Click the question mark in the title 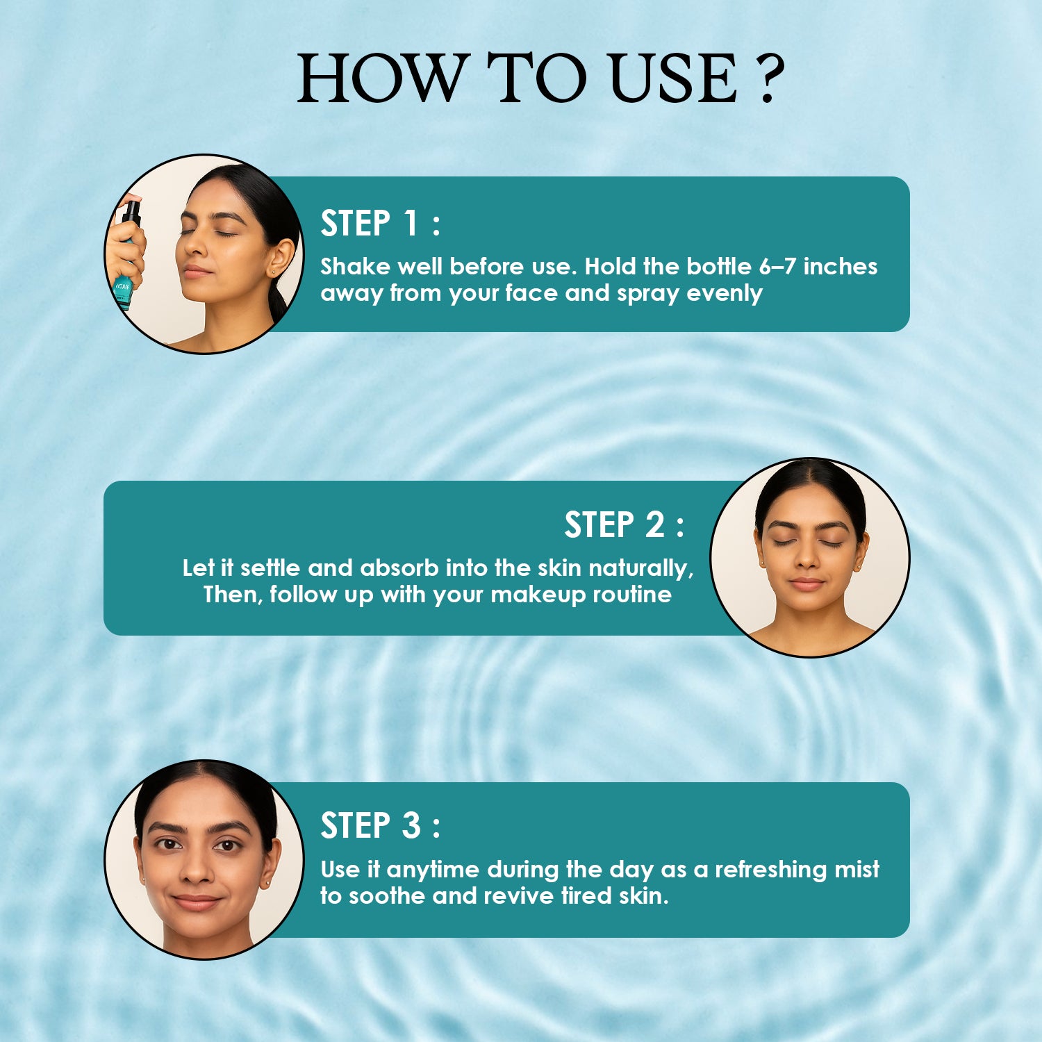click(x=768, y=78)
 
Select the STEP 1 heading click(x=380, y=223)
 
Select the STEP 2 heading click(x=624, y=524)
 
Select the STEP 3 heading click(x=380, y=826)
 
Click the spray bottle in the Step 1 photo click(x=126, y=254)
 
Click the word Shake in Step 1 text click(x=355, y=266)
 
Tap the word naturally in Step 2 click(x=640, y=569)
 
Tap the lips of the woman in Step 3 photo click(x=197, y=902)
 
